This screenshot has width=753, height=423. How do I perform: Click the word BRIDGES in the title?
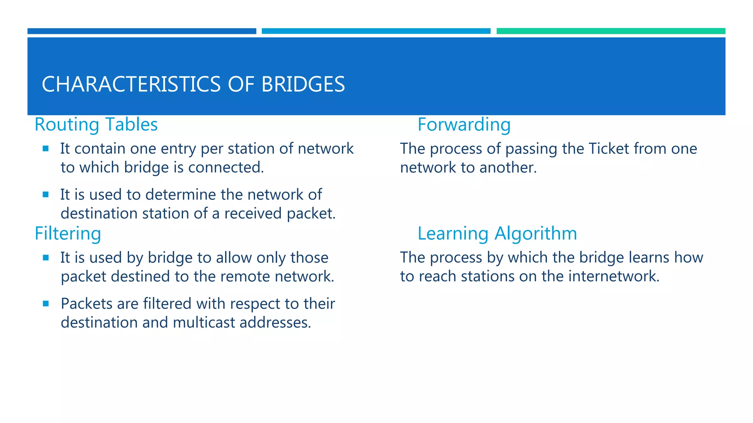(x=303, y=84)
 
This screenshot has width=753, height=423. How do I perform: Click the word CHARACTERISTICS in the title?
(x=131, y=84)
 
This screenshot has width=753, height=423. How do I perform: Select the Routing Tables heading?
(x=96, y=124)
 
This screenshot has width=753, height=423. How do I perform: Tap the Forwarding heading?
(x=464, y=124)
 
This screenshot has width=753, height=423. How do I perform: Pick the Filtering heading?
(x=68, y=234)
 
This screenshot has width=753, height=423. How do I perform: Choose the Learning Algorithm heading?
(x=497, y=234)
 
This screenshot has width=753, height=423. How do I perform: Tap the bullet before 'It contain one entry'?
(x=46, y=149)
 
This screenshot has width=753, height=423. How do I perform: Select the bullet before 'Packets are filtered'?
(x=46, y=304)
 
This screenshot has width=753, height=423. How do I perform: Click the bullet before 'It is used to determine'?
(x=46, y=195)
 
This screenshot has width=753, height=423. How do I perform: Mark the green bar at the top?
(x=611, y=31)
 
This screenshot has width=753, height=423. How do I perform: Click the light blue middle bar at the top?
(x=376, y=31)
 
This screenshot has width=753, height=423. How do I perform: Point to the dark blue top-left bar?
(x=142, y=31)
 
